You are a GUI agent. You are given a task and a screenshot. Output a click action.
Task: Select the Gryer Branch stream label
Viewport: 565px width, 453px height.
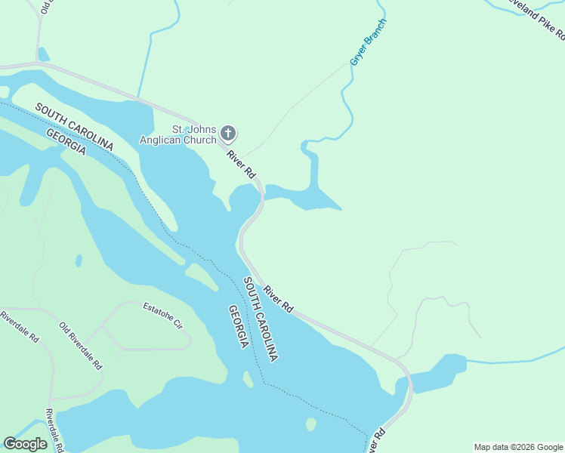(x=368, y=42)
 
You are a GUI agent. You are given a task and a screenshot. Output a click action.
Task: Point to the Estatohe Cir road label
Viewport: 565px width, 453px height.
(x=162, y=316)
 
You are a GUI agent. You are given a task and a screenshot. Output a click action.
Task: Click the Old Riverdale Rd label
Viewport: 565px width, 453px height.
(x=80, y=345)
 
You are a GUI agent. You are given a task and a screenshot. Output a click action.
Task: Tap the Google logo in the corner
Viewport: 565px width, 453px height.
(x=25, y=444)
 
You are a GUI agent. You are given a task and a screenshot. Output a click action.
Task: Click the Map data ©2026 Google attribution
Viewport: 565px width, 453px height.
(x=518, y=447)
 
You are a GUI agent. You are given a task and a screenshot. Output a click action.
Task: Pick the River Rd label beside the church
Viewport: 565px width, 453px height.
(x=242, y=164)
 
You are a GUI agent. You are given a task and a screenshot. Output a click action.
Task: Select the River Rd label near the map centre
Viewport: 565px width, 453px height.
(x=278, y=298)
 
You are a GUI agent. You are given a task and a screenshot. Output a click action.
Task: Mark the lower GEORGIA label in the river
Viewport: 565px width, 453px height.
(x=239, y=327)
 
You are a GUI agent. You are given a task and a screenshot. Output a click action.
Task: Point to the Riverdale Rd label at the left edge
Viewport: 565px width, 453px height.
(x=19, y=326)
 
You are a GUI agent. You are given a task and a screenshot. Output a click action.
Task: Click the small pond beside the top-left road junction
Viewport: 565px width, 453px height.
(x=44, y=54)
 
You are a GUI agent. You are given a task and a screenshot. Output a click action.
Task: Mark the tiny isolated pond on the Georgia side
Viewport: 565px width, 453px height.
(x=79, y=260)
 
